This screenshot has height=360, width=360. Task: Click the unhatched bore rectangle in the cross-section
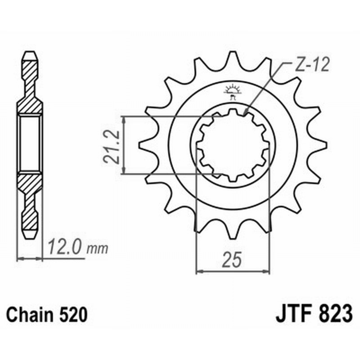30,143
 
